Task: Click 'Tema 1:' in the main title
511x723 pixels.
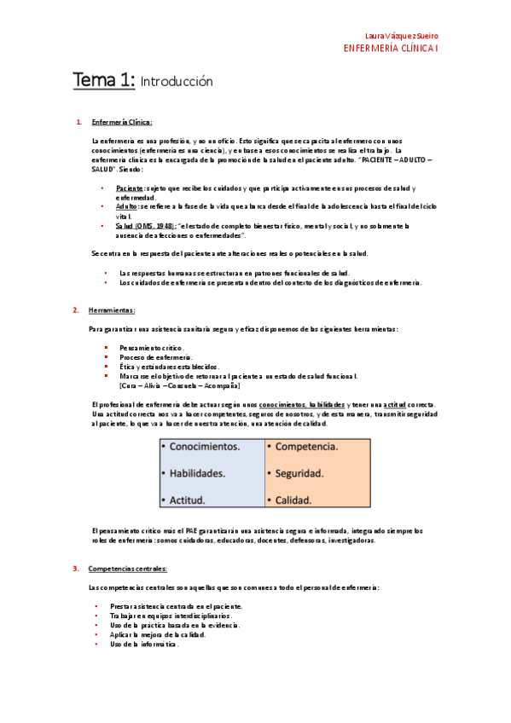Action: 102,81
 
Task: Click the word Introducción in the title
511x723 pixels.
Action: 176,83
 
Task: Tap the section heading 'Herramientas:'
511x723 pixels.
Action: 112,309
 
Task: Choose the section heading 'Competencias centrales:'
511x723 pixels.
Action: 127,569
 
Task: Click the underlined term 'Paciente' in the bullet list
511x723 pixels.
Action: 130,187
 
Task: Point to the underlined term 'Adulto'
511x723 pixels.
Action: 126,206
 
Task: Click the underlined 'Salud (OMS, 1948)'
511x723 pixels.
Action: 146,226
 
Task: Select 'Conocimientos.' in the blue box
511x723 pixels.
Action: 205,446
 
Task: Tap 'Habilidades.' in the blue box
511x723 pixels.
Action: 197,472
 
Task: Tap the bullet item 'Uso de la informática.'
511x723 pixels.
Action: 144,644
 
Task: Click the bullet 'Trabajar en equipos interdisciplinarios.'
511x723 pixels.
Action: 170,616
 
